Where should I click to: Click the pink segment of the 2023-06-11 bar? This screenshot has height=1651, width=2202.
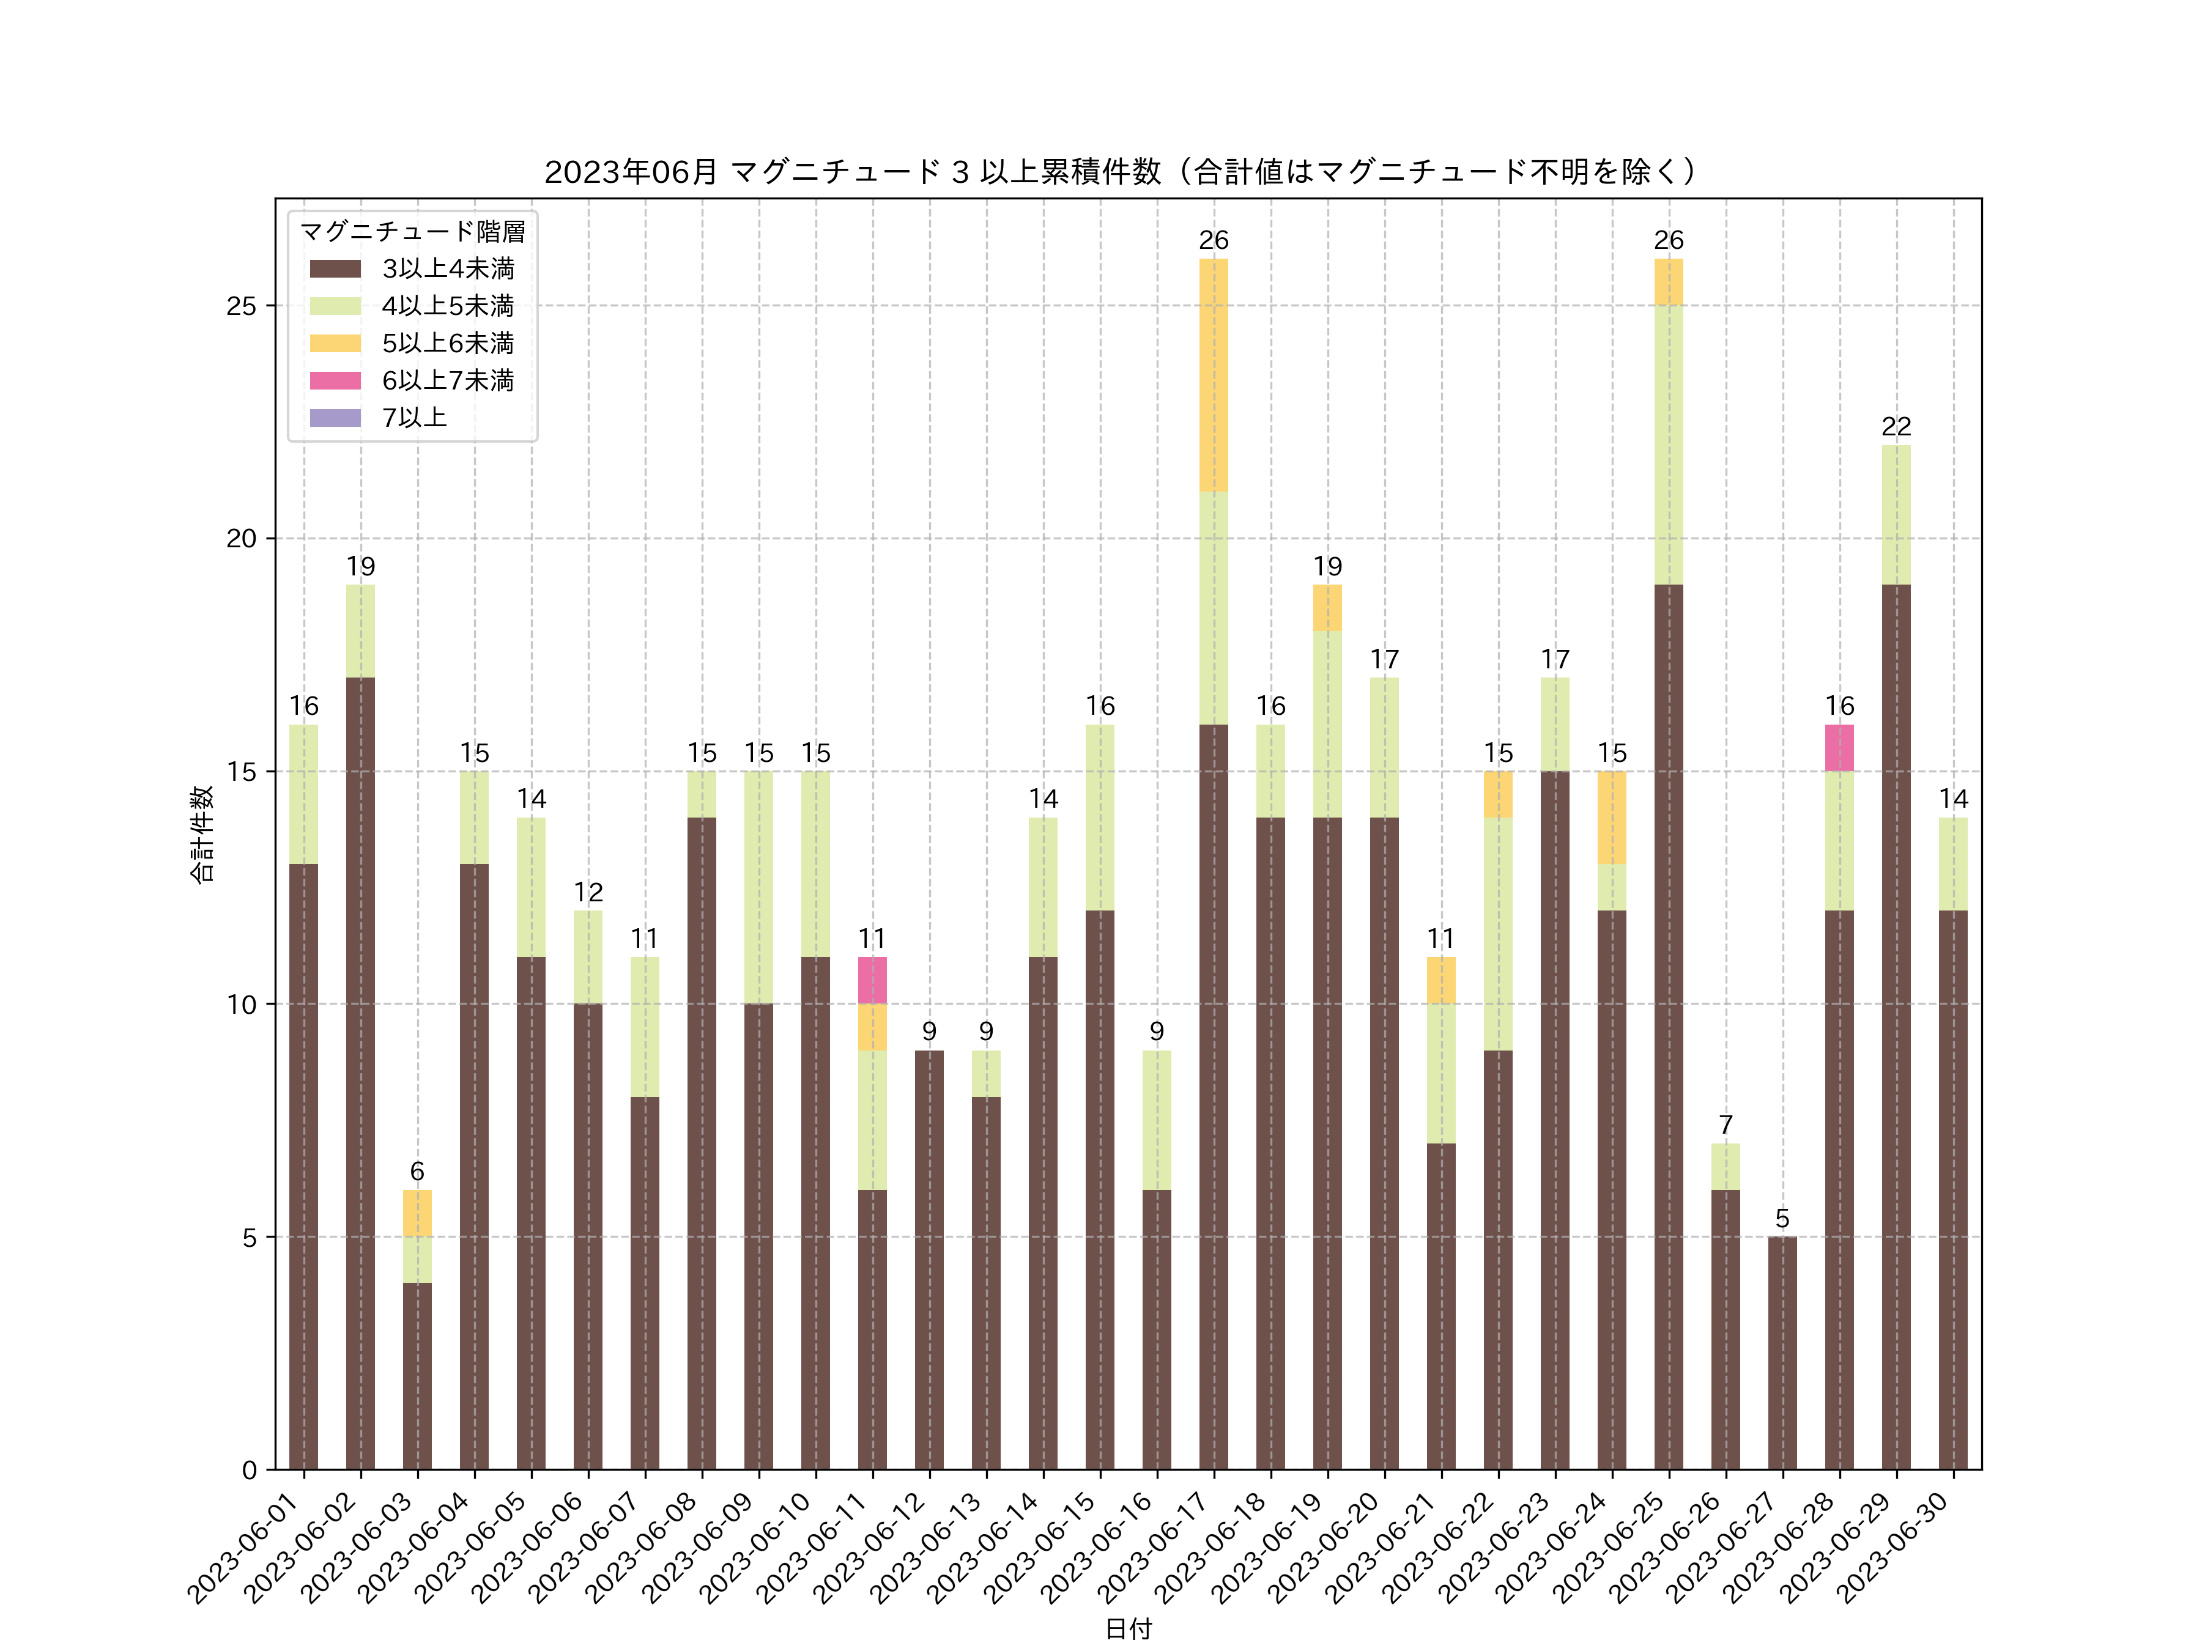coord(872,980)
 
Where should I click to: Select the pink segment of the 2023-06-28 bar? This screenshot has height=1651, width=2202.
coord(1839,747)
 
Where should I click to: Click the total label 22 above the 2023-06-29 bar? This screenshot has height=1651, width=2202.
coord(1896,427)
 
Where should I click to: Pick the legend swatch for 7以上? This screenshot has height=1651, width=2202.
coord(335,418)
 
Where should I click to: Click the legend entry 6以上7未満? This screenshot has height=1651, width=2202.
coord(447,380)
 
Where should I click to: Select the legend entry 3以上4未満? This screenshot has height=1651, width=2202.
coord(447,268)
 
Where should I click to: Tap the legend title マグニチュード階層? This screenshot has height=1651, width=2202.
coord(412,232)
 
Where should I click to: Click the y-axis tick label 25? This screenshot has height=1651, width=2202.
coord(241,306)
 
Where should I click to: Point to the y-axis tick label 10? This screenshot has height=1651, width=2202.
coord(241,1004)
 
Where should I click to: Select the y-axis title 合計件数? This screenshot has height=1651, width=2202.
coord(202,834)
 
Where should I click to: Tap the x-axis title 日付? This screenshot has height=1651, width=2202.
coord(1128,1629)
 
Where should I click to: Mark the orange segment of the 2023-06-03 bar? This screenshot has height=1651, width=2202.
coord(417,1213)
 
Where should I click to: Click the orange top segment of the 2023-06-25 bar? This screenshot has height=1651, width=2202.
coord(1669,282)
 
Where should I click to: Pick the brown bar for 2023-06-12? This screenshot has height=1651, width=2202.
coord(929,1260)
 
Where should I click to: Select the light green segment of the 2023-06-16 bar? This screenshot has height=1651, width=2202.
coord(1157,1120)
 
